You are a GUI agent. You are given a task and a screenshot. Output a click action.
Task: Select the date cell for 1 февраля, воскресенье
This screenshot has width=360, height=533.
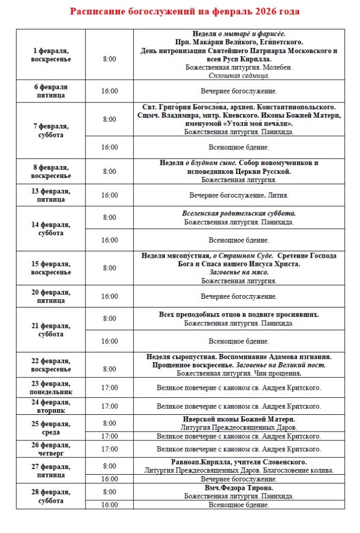51,55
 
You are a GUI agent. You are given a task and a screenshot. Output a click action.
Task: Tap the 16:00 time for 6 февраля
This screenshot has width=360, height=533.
109,91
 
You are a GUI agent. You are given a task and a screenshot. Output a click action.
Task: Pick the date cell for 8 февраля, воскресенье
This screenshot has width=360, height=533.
51,171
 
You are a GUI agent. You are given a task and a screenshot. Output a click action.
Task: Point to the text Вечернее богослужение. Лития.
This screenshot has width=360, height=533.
239,196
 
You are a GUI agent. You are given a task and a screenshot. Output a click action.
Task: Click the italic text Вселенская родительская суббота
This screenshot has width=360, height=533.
239,213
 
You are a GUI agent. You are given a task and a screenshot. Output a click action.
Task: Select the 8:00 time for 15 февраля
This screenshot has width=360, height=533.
109,268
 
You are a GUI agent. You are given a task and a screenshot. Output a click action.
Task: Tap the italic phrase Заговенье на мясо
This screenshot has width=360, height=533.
239,272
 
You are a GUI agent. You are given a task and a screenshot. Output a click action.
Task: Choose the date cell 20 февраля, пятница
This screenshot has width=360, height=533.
51,296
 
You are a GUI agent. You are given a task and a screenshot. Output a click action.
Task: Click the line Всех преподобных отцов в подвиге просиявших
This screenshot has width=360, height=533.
239,315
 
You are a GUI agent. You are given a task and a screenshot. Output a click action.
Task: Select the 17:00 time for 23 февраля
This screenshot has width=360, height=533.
109,388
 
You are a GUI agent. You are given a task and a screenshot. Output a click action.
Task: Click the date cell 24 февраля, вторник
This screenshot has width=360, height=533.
51,406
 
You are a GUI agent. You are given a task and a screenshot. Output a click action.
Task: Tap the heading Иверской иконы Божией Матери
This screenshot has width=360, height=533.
239,419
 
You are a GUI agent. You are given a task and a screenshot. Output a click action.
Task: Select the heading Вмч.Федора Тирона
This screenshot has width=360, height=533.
239,488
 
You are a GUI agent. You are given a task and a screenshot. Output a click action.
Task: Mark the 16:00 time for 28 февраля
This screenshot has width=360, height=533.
109,504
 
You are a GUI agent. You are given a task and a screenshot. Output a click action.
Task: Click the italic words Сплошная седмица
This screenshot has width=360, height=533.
239,75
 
